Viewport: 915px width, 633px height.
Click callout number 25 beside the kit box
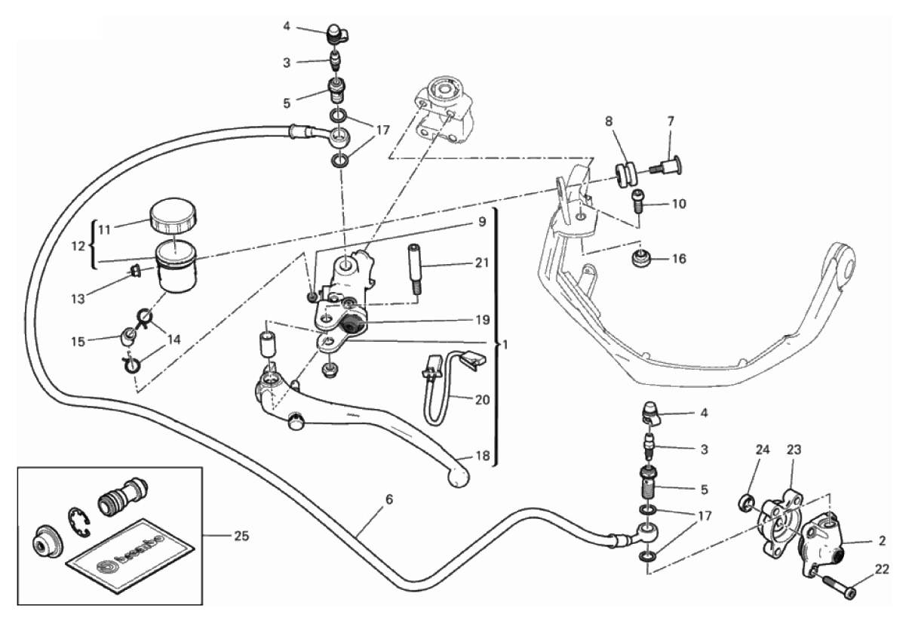pyautogui.click(x=239, y=536)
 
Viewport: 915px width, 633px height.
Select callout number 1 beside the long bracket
pyautogui.click(x=506, y=345)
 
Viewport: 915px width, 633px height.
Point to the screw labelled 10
pyautogui.click(x=638, y=200)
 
